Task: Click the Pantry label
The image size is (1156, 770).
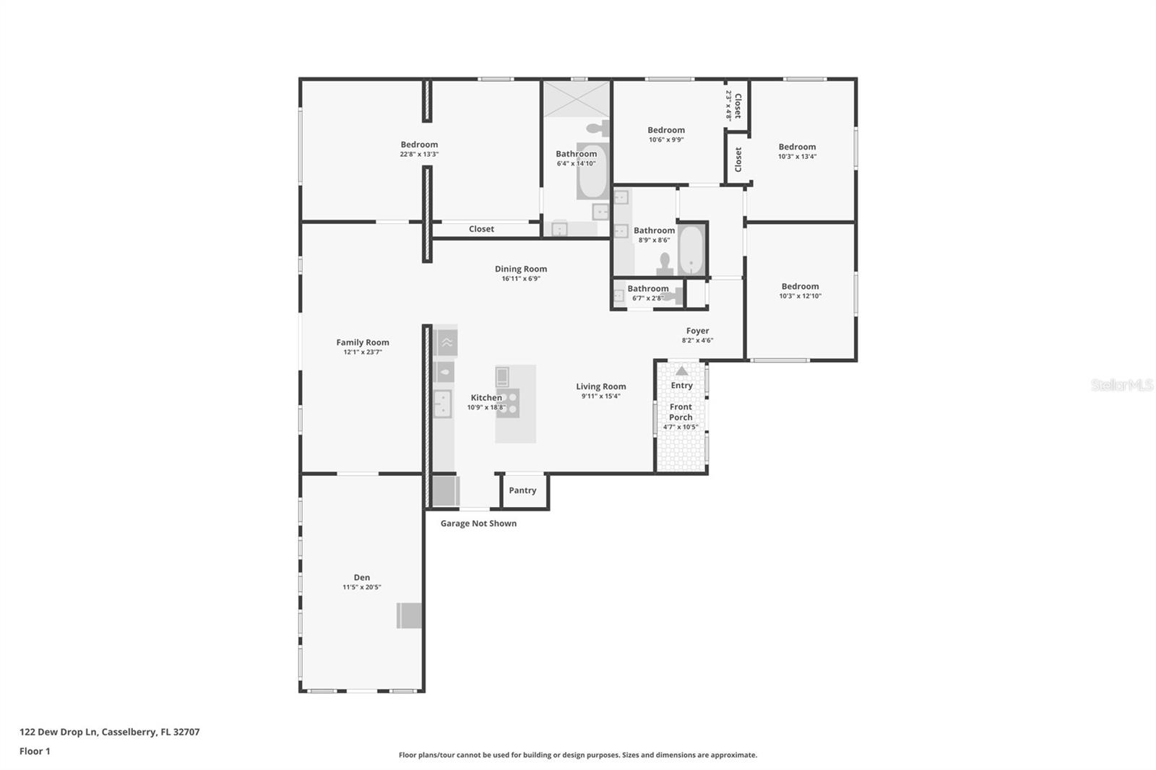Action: [522, 490]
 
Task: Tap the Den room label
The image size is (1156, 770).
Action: [362, 578]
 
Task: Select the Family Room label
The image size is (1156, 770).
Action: [362, 342]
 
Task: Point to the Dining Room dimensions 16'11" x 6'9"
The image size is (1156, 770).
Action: [521, 279]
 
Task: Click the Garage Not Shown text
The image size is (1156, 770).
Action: [478, 523]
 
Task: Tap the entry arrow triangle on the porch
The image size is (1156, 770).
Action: [682, 371]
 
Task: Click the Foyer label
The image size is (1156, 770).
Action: [697, 331]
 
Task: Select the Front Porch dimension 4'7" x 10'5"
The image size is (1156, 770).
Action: [680, 427]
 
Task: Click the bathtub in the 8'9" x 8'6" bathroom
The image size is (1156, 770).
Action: [691, 251]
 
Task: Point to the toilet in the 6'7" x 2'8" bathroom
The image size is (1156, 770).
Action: [673, 296]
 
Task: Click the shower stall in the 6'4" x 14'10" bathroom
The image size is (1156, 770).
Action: [577, 98]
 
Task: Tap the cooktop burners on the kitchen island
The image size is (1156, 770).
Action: [509, 403]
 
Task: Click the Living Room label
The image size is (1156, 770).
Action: [600, 386]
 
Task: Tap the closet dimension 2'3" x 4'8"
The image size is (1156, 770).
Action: [729, 105]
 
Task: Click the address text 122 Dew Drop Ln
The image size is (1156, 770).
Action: [59, 732]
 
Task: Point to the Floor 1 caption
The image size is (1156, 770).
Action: [35, 751]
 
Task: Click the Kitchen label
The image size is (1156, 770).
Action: [486, 398]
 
